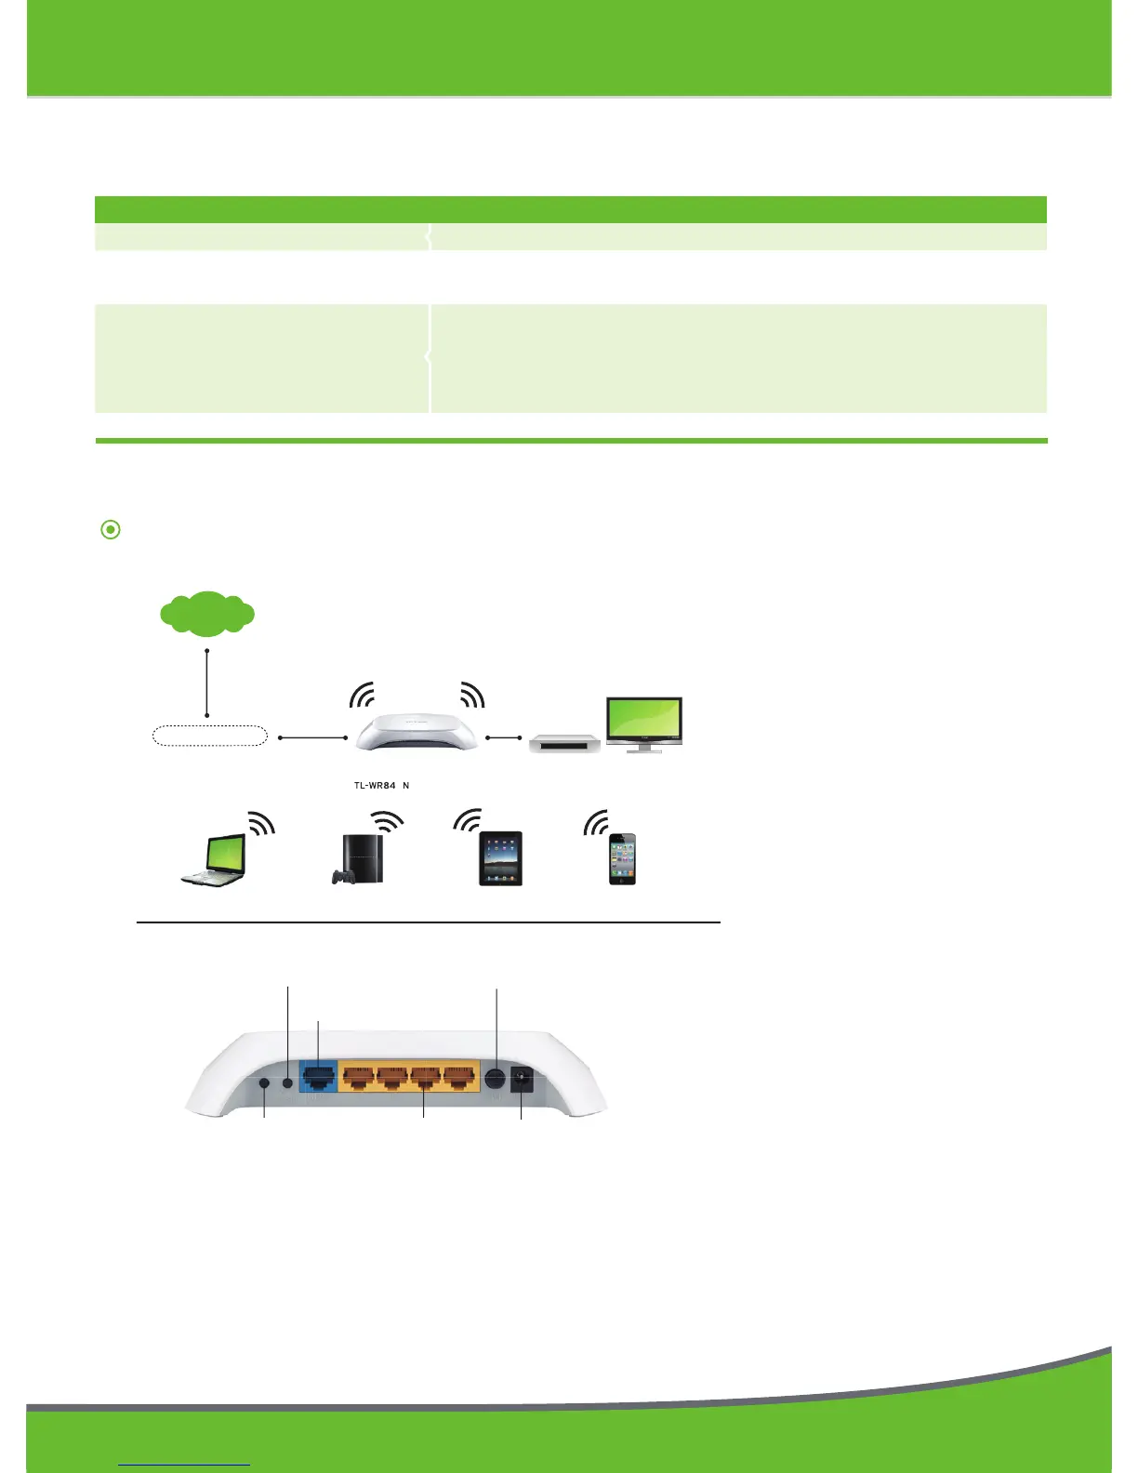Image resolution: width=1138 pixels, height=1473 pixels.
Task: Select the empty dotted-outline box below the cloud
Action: coord(209,736)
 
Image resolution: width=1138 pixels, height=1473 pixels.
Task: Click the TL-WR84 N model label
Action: coord(381,786)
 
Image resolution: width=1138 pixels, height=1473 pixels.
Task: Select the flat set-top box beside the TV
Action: coord(564,743)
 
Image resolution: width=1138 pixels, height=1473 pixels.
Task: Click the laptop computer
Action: coord(215,861)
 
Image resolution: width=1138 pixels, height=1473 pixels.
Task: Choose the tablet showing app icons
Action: coord(500,858)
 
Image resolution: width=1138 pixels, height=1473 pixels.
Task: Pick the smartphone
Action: coord(622,859)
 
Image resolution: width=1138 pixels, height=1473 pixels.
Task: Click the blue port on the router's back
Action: coord(318,1079)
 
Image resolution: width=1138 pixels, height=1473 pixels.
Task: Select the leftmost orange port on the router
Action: coord(358,1079)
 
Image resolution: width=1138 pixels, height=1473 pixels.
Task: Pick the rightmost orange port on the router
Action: coord(459,1079)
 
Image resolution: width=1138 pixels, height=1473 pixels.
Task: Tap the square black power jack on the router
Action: coord(523,1080)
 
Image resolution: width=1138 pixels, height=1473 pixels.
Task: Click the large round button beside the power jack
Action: coord(496,1080)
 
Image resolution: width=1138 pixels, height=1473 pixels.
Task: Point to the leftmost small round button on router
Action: coord(265,1083)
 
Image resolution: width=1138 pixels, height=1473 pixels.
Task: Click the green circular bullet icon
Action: coord(111,530)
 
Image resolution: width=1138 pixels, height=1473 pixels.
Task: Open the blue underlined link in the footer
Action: coord(185,1465)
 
